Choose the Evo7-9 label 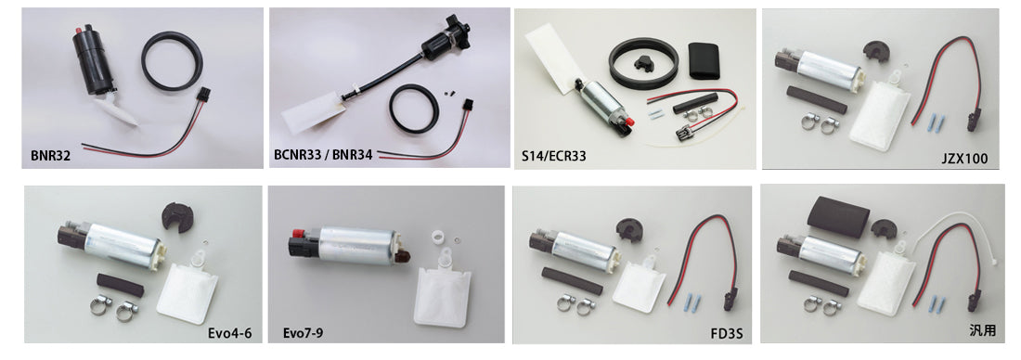304,330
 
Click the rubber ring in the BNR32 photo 175,63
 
